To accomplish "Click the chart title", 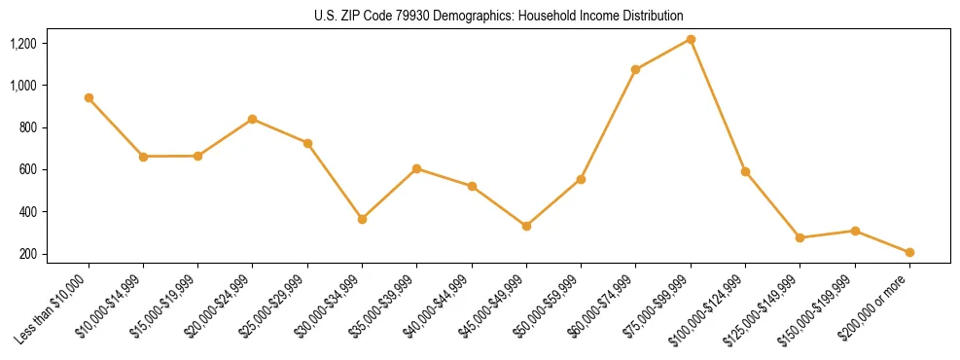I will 498,17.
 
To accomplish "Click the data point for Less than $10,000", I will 89,97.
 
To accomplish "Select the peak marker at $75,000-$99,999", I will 691,39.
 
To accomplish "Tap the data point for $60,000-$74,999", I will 635,69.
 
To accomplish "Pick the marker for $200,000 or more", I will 909,252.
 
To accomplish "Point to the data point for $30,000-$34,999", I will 362,219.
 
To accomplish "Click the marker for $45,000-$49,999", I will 526,226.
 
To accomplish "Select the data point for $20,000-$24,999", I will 253,119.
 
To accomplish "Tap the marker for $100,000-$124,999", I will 745,171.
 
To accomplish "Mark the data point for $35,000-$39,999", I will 416,168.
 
